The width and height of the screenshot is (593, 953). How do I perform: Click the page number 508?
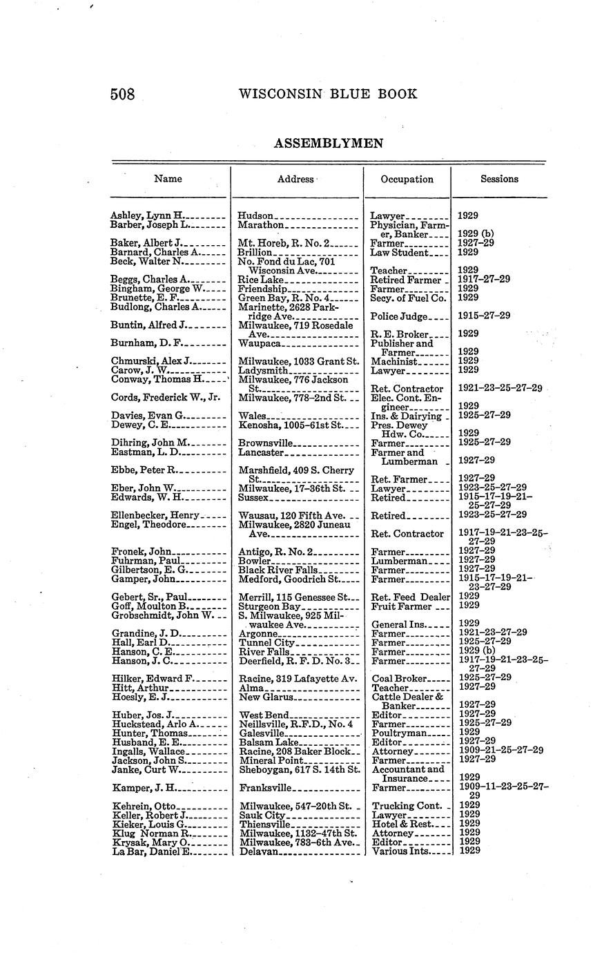pos(122,94)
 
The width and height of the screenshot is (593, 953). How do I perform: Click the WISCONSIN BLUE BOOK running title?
pos(327,94)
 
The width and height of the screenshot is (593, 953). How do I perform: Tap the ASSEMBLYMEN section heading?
pos(328,144)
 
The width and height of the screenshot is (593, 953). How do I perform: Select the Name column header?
pos(168,179)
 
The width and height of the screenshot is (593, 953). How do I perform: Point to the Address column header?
pos(295,179)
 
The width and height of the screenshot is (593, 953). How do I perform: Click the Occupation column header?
pos(407,179)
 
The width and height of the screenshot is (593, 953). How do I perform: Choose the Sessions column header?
pos(499,179)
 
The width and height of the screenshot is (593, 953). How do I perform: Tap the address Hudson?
pos(255,216)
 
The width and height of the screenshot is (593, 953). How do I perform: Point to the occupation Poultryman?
pos(400,732)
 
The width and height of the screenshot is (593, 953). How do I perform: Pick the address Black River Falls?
pos(278,570)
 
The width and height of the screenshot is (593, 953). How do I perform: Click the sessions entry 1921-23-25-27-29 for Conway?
pos(499,388)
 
